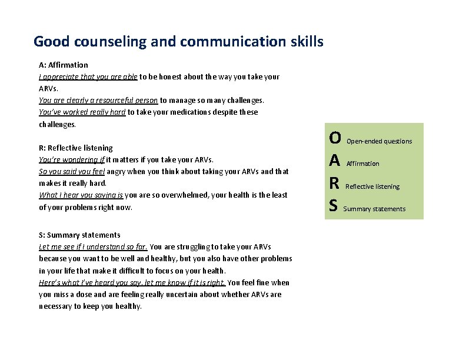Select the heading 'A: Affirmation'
[x=64, y=65]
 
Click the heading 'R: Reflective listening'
[x=76, y=148]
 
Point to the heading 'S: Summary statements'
[x=79, y=235]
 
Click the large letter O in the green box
[x=335, y=138]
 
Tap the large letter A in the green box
[x=335, y=161]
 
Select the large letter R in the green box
[x=334, y=183]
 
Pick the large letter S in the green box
[x=334, y=205]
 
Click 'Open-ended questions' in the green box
[x=380, y=141]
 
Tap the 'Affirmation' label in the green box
[x=363, y=164]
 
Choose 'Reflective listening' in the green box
[x=372, y=186]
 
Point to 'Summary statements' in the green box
[x=374, y=209]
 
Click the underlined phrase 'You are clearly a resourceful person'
[x=98, y=100]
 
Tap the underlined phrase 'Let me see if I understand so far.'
[x=94, y=246]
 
